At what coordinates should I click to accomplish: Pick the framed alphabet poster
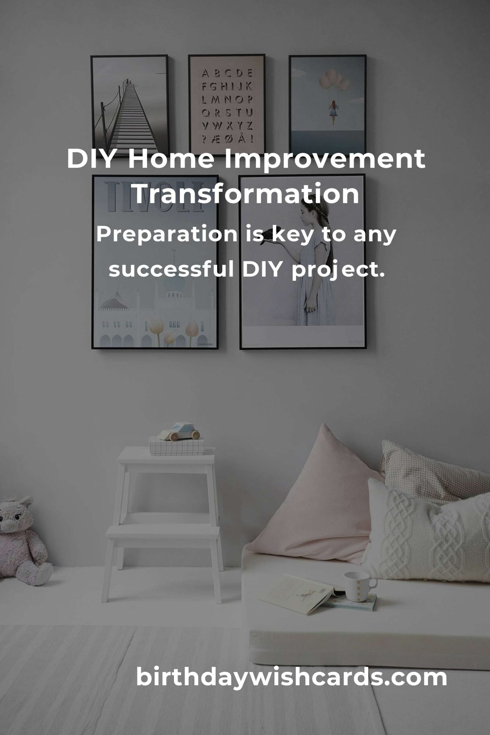pos(227,105)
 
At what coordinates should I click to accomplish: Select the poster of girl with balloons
pos(327,105)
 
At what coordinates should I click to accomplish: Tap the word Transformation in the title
pos(246,194)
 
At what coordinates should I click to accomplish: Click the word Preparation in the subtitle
pos(166,235)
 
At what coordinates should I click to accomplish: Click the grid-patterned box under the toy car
pos(177,446)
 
